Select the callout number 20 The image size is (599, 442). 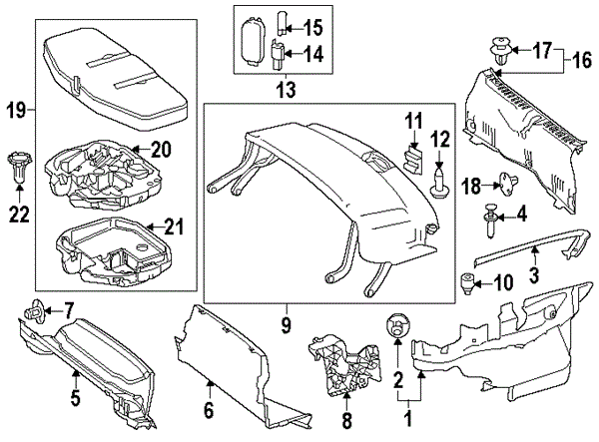tap(162, 150)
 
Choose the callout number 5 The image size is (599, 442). tap(76, 400)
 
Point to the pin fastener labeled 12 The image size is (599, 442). tap(438, 183)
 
